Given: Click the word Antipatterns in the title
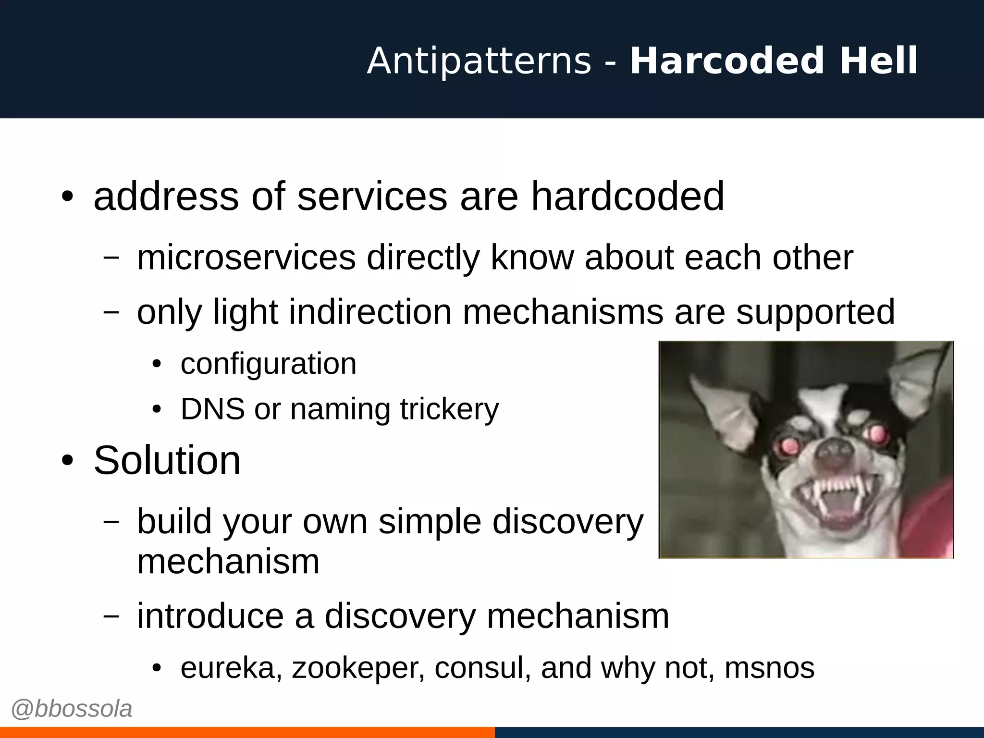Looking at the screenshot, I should (479, 61).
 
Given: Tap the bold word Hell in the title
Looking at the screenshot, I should (879, 61).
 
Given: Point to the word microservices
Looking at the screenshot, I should (246, 258).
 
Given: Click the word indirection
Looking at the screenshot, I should (370, 312).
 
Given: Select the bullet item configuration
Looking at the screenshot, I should (268, 364).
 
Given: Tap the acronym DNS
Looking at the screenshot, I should (212, 409).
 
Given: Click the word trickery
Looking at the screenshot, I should (449, 409).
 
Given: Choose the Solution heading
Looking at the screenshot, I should (167, 460).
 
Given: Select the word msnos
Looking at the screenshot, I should (769, 668).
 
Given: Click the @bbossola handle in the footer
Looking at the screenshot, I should (72, 709).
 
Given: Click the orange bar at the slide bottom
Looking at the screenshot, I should (247, 732).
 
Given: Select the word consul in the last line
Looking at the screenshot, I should (482, 668).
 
